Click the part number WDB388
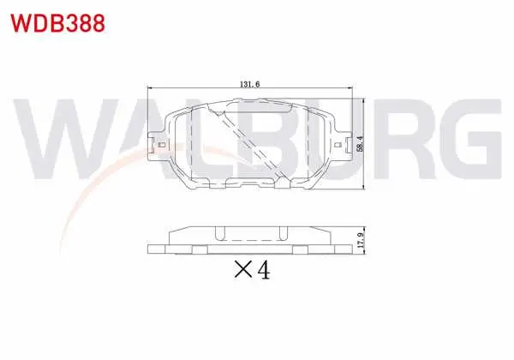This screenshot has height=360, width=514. tap(57, 23)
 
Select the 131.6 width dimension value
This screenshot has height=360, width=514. tap(250, 84)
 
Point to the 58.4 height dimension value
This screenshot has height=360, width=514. tap(361, 144)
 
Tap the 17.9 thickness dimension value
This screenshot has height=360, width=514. tap(361, 240)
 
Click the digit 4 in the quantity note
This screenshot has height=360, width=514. tap(264, 270)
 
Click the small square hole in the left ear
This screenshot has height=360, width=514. tap(161, 145)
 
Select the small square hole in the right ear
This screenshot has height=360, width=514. tap(338, 145)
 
